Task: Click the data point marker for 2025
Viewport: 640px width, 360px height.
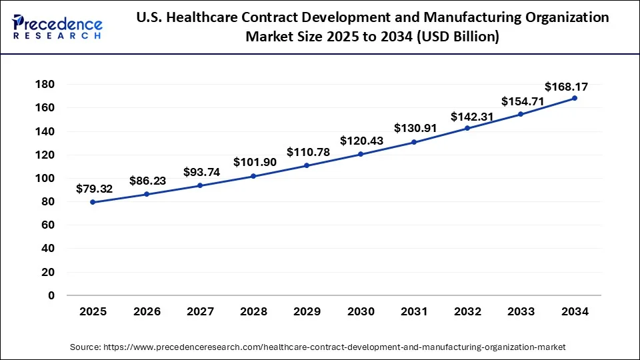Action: click(93, 202)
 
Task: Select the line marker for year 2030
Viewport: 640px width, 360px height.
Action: click(361, 154)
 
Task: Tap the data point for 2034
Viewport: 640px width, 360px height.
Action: click(575, 98)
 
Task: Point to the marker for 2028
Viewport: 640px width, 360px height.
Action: click(253, 176)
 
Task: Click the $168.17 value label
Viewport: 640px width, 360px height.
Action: click(566, 87)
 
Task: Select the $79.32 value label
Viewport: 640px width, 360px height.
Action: click(94, 189)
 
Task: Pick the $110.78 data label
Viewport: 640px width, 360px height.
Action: click(308, 152)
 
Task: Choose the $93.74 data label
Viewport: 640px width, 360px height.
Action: click(201, 172)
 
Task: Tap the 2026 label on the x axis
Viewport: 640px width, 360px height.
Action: click(147, 311)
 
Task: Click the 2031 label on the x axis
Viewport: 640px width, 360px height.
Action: click(414, 311)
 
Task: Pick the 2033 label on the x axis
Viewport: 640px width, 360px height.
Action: click(521, 311)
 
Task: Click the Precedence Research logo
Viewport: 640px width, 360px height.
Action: click(57, 27)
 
